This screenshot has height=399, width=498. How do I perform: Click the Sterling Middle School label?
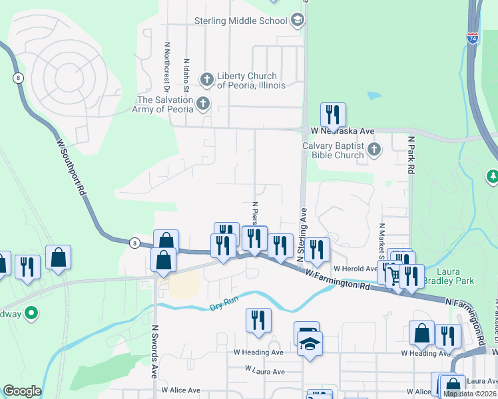tap(240, 21)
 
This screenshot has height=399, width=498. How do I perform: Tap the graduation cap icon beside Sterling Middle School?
tap(297, 21)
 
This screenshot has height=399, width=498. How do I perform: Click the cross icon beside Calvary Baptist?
tap(374, 150)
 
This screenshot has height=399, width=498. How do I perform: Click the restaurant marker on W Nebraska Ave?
tap(332, 116)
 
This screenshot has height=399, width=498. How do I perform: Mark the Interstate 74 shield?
tap(472, 39)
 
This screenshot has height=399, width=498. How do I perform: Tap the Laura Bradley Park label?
tap(455, 276)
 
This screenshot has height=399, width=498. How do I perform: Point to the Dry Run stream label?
tap(224, 307)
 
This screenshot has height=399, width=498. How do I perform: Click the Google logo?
tap(22, 391)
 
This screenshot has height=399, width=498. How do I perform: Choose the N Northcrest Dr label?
tap(166, 67)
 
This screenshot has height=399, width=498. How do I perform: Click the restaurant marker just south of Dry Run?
tap(258, 321)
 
